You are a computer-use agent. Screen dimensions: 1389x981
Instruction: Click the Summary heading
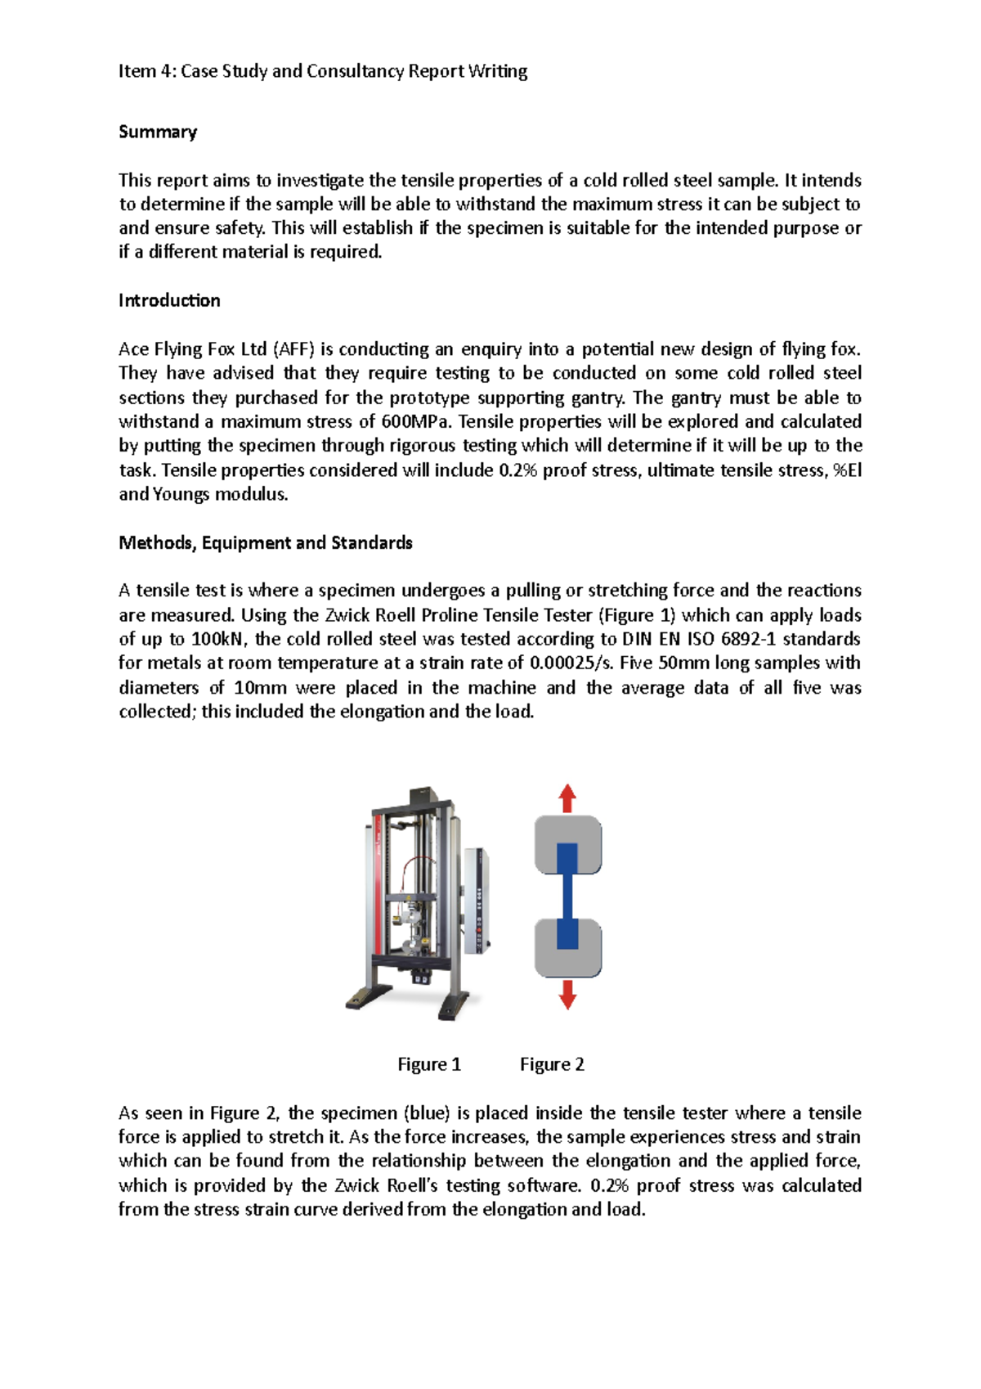click(x=158, y=132)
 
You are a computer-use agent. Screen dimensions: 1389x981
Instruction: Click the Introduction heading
click(x=169, y=300)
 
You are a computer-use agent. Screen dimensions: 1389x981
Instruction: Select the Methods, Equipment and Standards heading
click(x=265, y=542)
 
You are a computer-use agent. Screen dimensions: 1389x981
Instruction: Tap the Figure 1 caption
click(x=429, y=1064)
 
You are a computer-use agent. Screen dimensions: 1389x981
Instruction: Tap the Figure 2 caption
click(x=552, y=1064)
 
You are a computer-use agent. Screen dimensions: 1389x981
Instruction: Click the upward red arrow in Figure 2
click(x=567, y=798)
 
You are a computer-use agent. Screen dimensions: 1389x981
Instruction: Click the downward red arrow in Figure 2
click(x=567, y=995)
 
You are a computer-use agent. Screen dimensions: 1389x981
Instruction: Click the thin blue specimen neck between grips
click(x=567, y=896)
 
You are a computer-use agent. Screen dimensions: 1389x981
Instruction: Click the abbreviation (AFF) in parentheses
click(x=293, y=349)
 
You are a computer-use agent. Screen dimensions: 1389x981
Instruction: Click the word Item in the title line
click(x=136, y=71)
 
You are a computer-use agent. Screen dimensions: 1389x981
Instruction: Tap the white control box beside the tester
click(x=477, y=900)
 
